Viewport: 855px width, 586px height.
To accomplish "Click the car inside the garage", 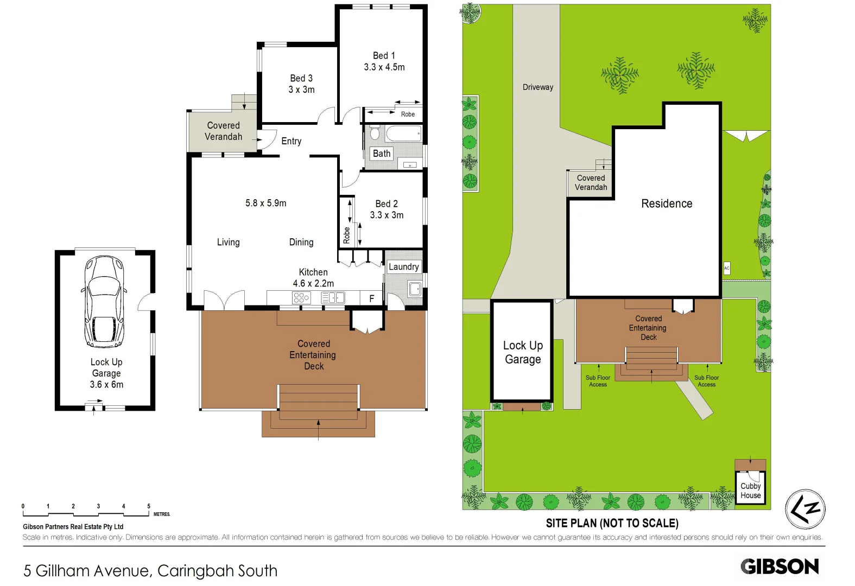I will pos(104,302).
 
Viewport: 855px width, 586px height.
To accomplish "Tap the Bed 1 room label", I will pos(384,55).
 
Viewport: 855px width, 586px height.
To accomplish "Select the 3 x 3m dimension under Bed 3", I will pos(301,90).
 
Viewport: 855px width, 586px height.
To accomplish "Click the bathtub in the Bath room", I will pos(403,133).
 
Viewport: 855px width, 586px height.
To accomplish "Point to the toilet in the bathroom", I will pos(375,133).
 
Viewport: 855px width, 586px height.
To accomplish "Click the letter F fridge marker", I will pos(372,298).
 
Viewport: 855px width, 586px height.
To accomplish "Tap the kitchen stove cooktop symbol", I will pos(301,297).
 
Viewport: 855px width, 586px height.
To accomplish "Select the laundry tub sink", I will pos(415,289).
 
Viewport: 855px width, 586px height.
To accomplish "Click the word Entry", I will pos(291,141).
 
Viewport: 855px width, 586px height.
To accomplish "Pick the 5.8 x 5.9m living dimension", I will pos(265,203).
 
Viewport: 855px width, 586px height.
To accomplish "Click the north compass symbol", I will pos(805,509).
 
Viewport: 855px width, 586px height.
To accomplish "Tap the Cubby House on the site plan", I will pos(750,491).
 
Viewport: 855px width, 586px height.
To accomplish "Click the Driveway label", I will pos(537,87).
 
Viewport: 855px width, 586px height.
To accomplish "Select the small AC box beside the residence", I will pos(726,268).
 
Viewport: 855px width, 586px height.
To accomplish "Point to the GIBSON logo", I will pos(780,566).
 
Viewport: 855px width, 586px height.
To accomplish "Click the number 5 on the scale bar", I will pos(149,506).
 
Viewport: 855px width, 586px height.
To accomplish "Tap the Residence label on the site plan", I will pos(667,203).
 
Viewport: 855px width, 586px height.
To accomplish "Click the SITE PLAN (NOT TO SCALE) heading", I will pos(612,523).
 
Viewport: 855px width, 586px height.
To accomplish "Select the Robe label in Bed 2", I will pos(346,234).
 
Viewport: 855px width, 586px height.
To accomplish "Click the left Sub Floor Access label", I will pos(598,381).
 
